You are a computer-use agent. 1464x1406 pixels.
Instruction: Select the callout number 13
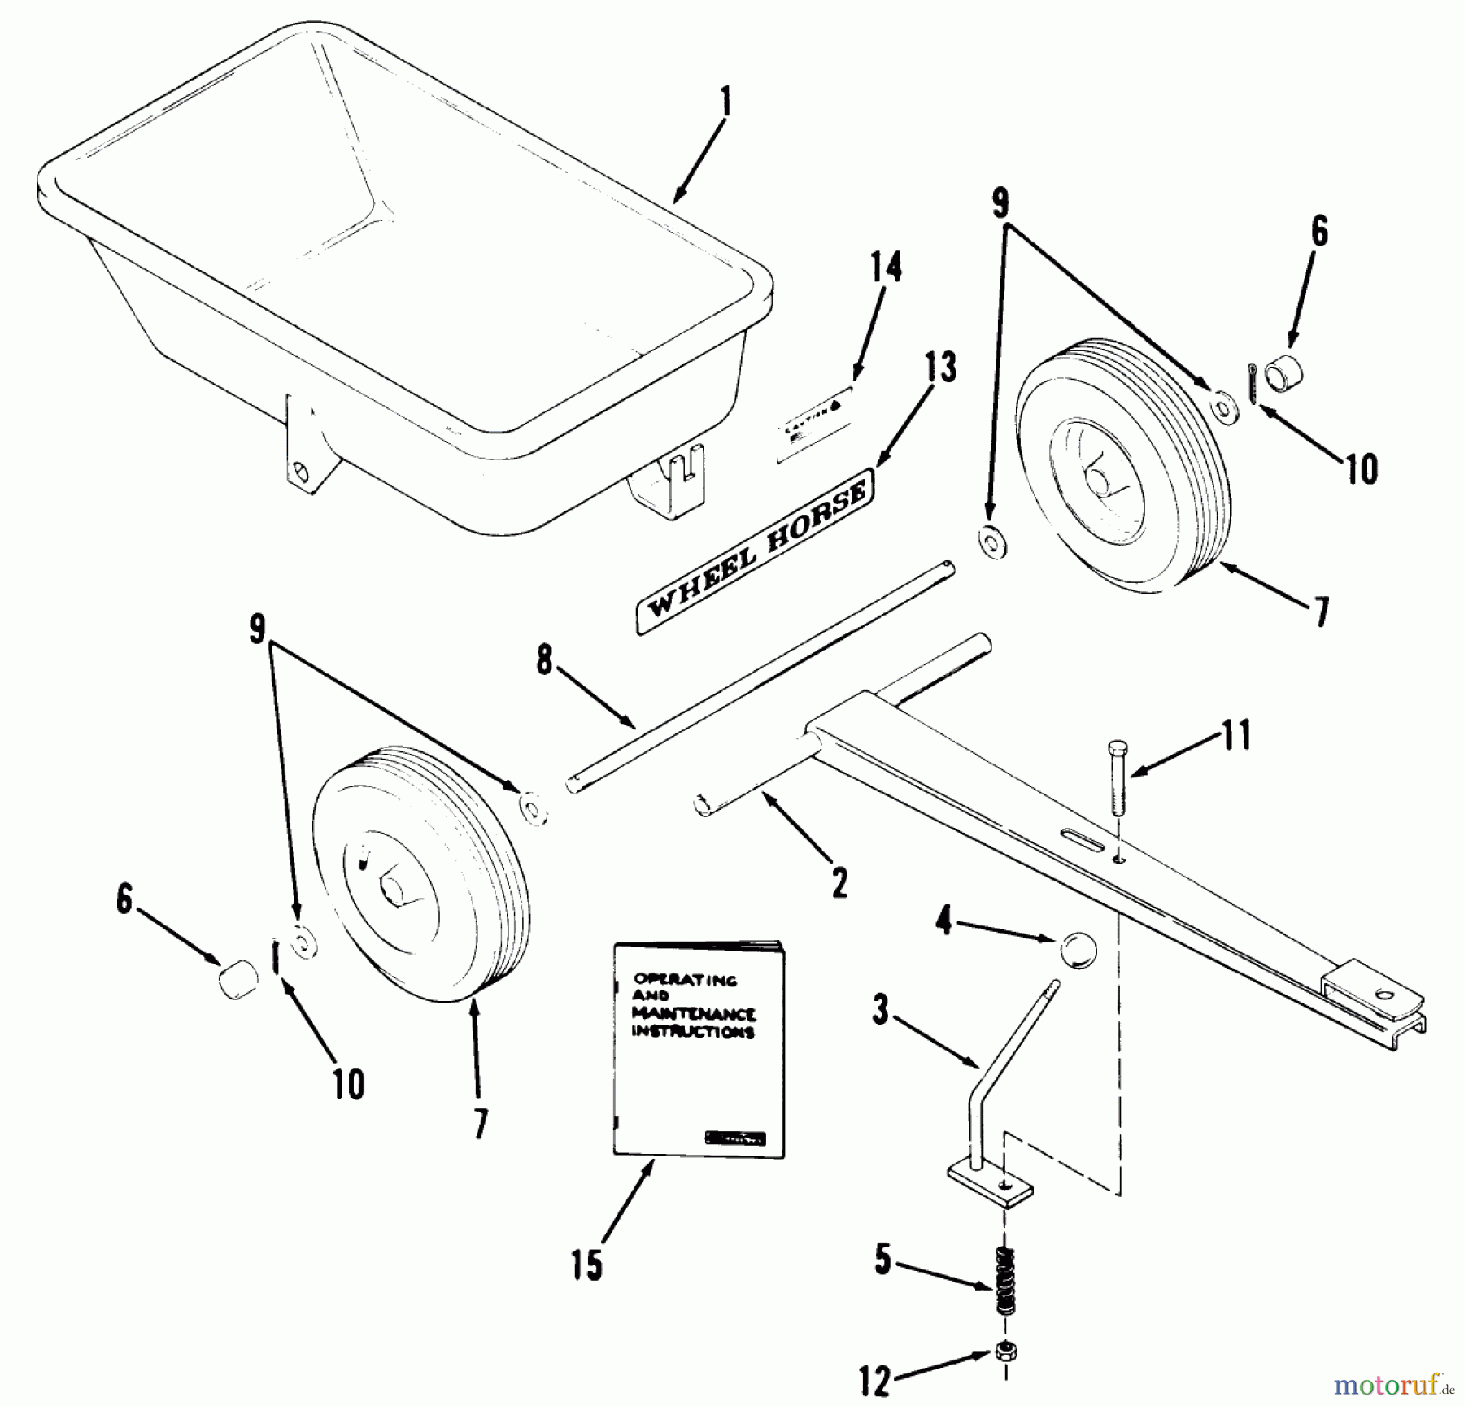coord(939,368)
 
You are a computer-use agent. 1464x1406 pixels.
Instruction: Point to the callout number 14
coord(885,267)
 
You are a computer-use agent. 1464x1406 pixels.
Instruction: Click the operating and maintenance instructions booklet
coord(697,1049)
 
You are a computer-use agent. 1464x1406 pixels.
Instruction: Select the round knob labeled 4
coord(1078,950)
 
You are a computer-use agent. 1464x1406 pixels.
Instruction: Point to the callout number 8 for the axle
coord(544,661)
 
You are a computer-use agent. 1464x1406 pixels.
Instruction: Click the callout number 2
coord(839,881)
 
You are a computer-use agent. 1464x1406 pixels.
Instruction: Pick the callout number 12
coord(875,1381)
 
